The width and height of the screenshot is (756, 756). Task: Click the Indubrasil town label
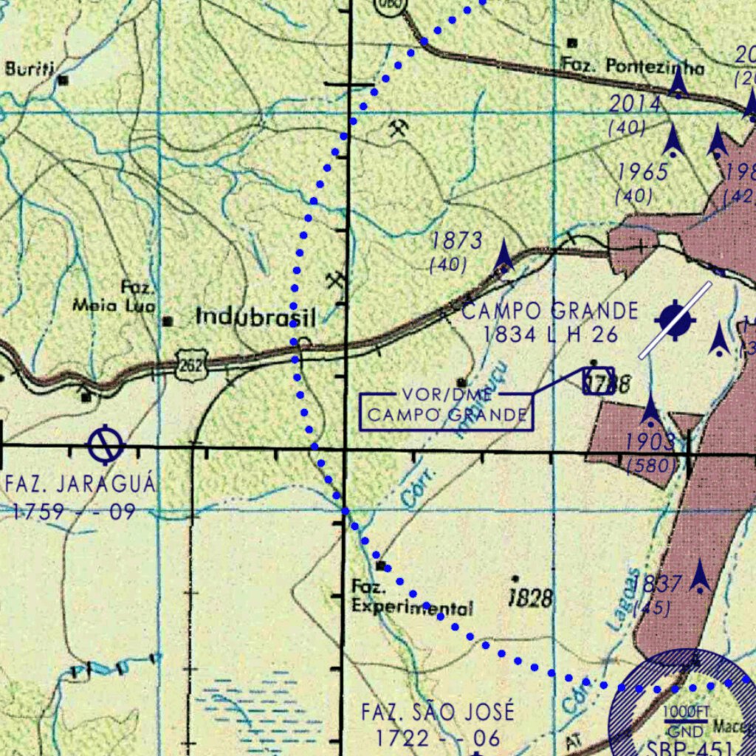click(255, 317)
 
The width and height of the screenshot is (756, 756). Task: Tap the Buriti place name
click(30, 69)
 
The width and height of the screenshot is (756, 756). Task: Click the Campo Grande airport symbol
click(676, 320)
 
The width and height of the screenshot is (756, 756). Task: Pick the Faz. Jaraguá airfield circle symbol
click(106, 444)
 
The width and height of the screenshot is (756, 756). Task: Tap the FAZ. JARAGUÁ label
click(80, 485)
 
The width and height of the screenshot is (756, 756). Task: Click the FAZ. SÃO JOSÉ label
click(438, 712)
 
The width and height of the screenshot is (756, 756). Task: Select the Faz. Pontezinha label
click(632, 66)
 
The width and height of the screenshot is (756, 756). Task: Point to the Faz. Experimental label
click(411, 598)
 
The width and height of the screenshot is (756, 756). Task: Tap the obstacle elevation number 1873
click(457, 241)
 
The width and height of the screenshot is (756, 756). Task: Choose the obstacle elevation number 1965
click(642, 172)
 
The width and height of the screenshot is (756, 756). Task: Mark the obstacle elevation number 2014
click(634, 104)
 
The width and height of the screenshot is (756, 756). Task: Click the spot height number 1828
click(531, 597)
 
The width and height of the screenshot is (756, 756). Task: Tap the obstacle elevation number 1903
click(650, 442)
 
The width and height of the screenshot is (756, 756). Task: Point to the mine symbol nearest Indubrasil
click(336, 281)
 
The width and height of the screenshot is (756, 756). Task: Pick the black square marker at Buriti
click(63, 80)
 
